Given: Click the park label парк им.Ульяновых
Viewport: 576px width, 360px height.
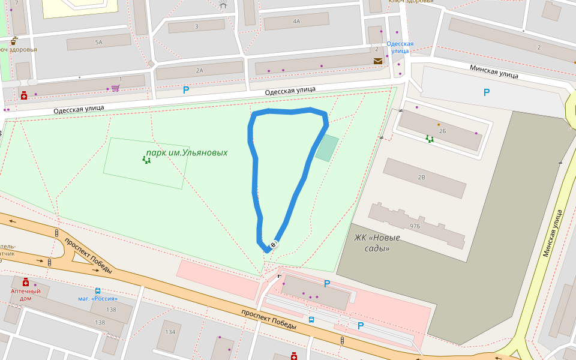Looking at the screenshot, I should (187, 153).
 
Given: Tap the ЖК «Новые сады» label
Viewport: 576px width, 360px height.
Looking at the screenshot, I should (377, 242).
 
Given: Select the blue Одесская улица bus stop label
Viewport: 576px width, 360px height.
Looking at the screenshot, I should (400, 47).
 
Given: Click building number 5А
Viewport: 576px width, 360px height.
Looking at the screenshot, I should (98, 42).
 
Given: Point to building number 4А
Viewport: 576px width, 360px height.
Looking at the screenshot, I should (296, 21).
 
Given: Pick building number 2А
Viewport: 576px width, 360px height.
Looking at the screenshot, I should (199, 71).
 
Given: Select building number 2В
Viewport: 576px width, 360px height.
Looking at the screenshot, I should (421, 178).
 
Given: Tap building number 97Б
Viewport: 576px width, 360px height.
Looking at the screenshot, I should (415, 226).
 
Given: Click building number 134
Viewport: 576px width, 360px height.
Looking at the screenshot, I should (170, 332).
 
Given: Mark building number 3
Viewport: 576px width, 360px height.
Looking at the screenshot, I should (196, 26).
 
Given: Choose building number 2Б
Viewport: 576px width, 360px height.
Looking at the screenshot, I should (442, 130).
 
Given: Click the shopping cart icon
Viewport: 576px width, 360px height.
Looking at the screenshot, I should (115, 88).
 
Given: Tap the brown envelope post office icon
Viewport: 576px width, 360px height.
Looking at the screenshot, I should (377, 61).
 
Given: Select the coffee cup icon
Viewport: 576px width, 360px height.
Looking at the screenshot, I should (13, 41).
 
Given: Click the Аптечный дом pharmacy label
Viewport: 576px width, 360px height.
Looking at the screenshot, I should (25, 295).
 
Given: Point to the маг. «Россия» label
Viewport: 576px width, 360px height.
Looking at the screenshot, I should (98, 299).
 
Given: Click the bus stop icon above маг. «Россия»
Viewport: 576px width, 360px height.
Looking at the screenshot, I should (98, 290).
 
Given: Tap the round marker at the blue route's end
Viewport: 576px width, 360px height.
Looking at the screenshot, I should (274, 244).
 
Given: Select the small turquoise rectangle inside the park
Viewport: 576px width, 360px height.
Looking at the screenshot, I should (327, 148).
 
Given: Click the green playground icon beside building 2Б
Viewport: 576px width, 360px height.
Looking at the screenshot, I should (430, 139).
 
